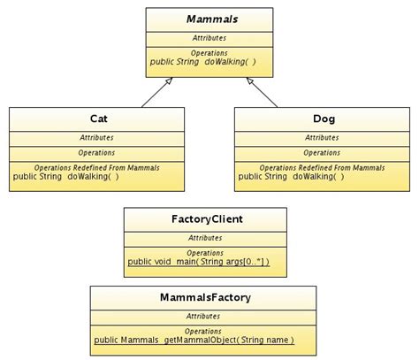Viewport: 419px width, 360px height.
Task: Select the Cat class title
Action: [99, 119]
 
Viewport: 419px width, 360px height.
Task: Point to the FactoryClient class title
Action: [204, 218]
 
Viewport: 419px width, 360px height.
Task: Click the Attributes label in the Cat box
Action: [99, 137]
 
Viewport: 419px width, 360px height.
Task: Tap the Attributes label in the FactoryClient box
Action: [204, 237]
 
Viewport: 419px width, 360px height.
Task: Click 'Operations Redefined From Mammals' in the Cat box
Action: [99, 166]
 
